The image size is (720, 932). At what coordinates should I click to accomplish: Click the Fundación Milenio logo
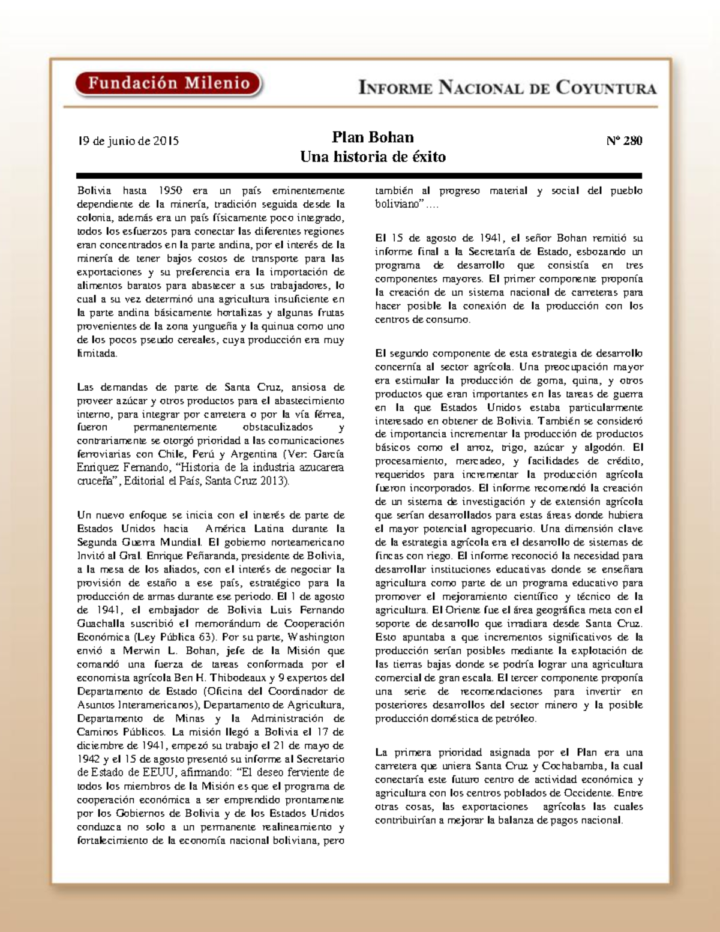pyautogui.click(x=169, y=83)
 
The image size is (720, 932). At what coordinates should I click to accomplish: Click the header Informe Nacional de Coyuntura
pyautogui.click(x=507, y=88)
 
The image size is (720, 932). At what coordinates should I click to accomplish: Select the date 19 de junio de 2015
pyautogui.click(x=128, y=142)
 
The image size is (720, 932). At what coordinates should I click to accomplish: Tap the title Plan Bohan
pyautogui.click(x=373, y=137)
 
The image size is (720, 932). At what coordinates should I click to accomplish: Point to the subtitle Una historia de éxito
pyautogui.click(x=373, y=157)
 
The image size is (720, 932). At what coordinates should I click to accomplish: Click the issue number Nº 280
pyautogui.click(x=624, y=141)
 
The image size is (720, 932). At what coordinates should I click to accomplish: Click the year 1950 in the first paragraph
pyautogui.click(x=170, y=191)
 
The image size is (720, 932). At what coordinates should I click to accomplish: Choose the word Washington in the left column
pyautogui.click(x=316, y=637)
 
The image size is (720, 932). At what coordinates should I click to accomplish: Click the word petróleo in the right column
pyautogui.click(x=517, y=719)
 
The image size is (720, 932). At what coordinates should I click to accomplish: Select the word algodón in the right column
pyautogui.click(x=602, y=448)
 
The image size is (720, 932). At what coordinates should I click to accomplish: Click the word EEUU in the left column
pyautogui.click(x=158, y=773)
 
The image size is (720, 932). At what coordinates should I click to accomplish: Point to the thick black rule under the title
pyautogui.click(x=359, y=176)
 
